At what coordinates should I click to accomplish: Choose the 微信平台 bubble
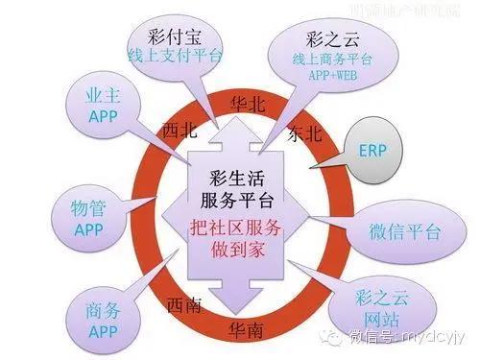(x=395, y=232)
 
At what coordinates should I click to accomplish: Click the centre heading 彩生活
(x=239, y=178)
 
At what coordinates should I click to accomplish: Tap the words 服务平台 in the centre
(x=239, y=201)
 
